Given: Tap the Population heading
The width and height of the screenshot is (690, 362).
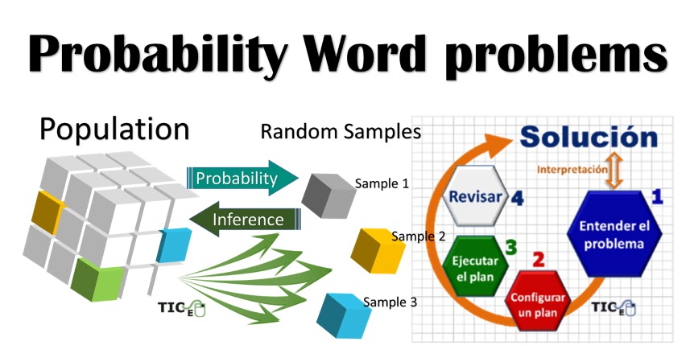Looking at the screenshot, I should tap(114, 130).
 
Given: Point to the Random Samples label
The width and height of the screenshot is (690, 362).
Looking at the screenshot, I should tap(341, 132).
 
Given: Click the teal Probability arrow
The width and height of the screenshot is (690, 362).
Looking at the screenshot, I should tap(242, 178).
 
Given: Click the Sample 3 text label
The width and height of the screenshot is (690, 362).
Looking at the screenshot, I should tap(390, 302).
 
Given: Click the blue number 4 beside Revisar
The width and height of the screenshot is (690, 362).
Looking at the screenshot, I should tap(517, 198).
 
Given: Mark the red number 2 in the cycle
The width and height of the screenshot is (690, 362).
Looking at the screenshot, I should tap(539, 260).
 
